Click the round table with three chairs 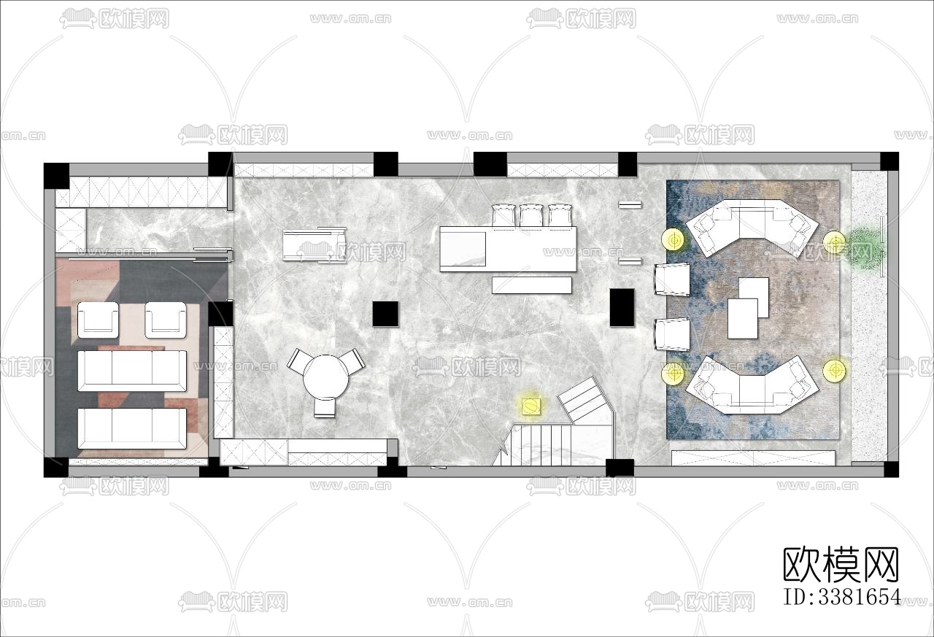tap(325, 379)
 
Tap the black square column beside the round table tap(386, 314)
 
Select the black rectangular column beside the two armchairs tap(622, 307)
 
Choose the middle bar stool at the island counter tap(530, 217)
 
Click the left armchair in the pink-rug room tap(98, 320)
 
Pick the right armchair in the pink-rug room tap(165, 320)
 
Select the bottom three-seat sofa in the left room tap(132, 428)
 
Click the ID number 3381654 tap(841, 597)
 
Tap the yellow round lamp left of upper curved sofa tap(673, 240)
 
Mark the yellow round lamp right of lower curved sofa tap(834, 369)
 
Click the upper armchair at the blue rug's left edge tap(672, 279)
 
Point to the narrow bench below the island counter tap(532, 285)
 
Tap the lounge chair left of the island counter tap(314, 245)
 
